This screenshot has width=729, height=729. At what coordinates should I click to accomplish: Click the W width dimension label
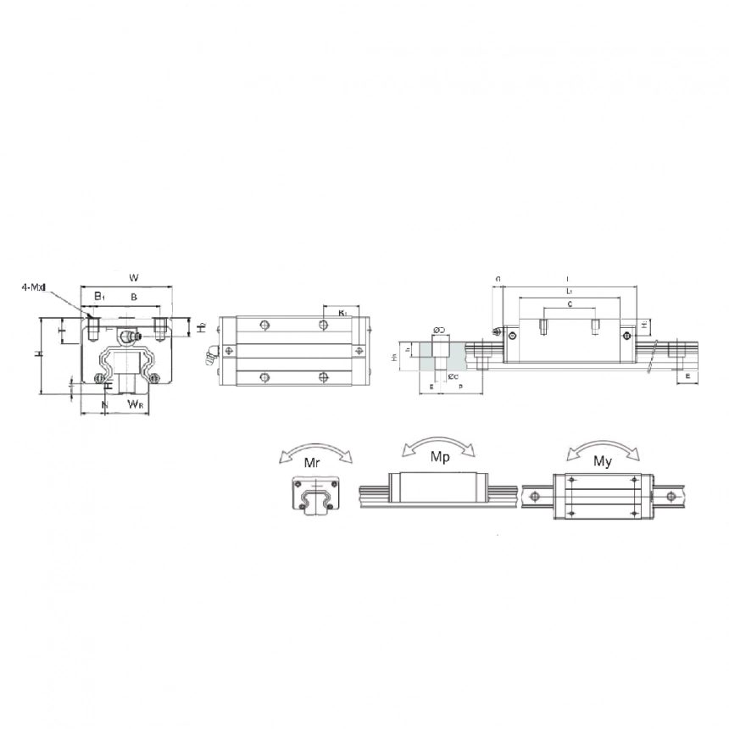(133, 277)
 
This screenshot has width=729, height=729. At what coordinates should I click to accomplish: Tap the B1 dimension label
(99, 296)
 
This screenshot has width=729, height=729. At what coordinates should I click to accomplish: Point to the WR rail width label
(135, 405)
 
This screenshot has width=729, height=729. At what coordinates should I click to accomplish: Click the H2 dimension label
(200, 327)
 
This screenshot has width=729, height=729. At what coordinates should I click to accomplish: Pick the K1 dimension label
(342, 313)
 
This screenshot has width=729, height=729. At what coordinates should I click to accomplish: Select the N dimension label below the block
(104, 405)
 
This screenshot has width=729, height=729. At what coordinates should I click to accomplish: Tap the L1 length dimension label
(568, 291)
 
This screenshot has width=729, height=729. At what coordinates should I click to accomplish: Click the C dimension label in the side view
(569, 303)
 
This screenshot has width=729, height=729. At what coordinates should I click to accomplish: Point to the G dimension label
(498, 278)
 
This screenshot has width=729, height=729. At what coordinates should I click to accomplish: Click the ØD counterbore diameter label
(439, 329)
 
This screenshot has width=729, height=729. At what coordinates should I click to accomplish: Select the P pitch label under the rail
(460, 387)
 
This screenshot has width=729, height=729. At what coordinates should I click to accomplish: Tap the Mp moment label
(440, 456)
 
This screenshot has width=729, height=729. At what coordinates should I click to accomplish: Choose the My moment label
(603, 461)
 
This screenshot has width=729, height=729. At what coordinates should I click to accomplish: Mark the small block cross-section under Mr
(315, 494)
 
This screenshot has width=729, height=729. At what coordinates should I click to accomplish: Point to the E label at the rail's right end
(687, 376)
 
